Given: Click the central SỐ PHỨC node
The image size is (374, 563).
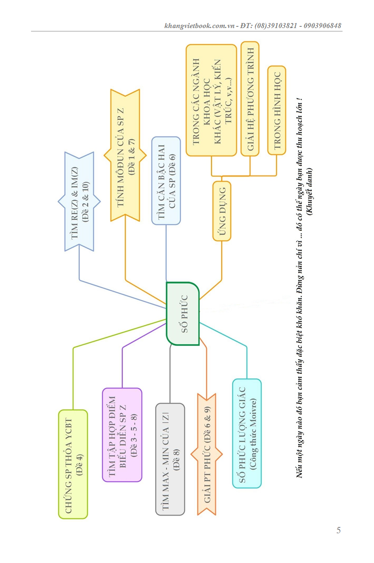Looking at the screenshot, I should pos(183,313).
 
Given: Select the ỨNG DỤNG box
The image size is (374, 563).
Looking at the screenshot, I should pos(222,211).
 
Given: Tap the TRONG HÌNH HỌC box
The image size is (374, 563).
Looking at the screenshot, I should pos(277,110).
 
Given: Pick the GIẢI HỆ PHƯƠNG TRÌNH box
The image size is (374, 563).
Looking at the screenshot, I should pos(250,99).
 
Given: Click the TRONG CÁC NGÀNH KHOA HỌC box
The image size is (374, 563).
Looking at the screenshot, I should pos(211,101).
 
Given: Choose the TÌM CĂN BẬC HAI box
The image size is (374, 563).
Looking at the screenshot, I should pos(166,181).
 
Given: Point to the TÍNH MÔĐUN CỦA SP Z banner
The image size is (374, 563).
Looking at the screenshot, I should pos(125,155).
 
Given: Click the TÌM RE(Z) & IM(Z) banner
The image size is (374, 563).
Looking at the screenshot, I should pos(79,201).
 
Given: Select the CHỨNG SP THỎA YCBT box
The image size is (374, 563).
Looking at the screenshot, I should pos(73,464).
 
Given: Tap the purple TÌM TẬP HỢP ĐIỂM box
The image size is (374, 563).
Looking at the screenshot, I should pos(122,434).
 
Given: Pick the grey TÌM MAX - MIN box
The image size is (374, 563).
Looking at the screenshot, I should pos(170,459).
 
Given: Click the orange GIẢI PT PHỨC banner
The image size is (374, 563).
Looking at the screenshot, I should pos(207,454).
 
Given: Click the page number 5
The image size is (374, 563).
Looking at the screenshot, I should pos(338,530).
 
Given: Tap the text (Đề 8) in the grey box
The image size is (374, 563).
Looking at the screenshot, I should pos(176,459).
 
